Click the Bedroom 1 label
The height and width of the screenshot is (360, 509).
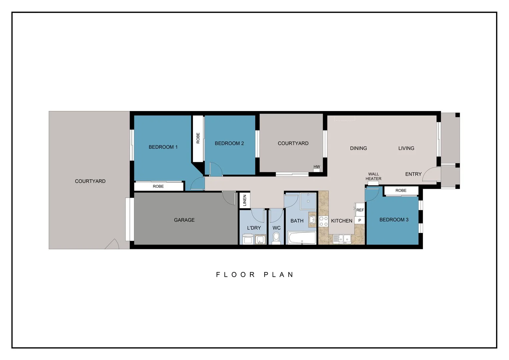click(x=163, y=147)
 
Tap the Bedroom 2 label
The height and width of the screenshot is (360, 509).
click(x=229, y=143)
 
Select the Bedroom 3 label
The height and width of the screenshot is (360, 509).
click(x=394, y=220)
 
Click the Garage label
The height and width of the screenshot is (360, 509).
click(x=184, y=220)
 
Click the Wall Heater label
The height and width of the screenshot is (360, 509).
click(x=373, y=176)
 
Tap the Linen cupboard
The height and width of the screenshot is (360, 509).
click(x=245, y=200)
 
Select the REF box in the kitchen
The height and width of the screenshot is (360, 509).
click(x=360, y=210)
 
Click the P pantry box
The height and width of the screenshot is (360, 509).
click(x=360, y=220)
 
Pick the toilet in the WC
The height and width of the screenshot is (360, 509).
click(x=276, y=238)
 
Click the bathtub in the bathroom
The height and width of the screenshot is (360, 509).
click(x=302, y=238)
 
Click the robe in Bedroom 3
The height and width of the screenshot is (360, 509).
click(x=401, y=191)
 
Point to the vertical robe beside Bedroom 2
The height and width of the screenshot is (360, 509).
click(x=198, y=138)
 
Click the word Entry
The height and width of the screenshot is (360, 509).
click(x=413, y=174)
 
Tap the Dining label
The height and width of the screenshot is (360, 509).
click(x=358, y=148)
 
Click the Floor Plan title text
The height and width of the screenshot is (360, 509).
click(x=255, y=275)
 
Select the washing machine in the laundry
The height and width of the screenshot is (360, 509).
click(x=247, y=239)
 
